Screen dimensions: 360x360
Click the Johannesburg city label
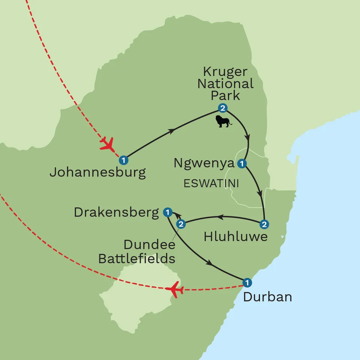click(97, 173)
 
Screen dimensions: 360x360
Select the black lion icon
click(223, 121)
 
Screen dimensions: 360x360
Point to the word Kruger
click(225, 72)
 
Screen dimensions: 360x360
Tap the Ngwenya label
click(204, 163)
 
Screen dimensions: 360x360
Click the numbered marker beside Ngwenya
click(242, 163)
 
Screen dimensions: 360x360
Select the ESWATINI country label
click(211, 184)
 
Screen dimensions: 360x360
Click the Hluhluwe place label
click(235, 237)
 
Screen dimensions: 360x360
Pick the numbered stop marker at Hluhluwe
click(264, 224)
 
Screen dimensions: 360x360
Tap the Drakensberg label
click(117, 212)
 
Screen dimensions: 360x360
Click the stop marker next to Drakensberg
click(168, 213)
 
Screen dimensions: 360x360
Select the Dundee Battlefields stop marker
click(181, 224)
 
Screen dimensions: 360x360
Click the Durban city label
click(267, 297)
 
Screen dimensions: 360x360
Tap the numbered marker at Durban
click(246, 282)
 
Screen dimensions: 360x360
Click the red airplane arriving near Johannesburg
click(107, 144)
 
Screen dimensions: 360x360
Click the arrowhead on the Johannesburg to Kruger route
click(172, 131)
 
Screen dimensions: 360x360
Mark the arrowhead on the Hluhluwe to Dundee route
click(221, 217)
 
